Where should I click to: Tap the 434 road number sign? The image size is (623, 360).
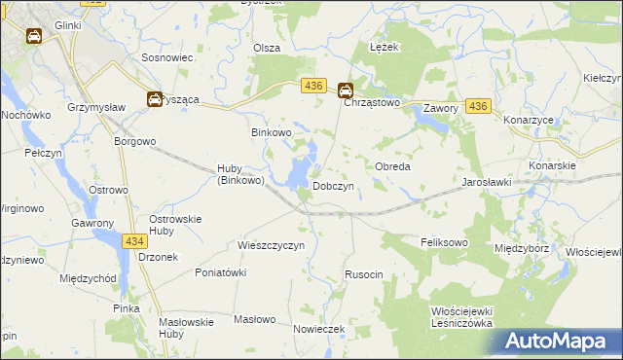pyautogui.click(x=135, y=240)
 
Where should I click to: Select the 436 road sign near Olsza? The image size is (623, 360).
pyautogui.click(x=312, y=87)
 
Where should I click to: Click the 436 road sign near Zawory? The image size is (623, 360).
pyautogui.click(x=478, y=106)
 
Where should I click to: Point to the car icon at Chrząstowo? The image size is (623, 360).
pyautogui.click(x=346, y=91)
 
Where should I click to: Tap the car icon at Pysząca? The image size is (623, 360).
pyautogui.click(x=154, y=98)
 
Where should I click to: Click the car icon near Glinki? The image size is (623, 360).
pyautogui.click(x=34, y=37)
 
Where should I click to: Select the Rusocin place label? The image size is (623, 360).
pyautogui.click(x=364, y=275)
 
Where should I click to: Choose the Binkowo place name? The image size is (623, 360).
pyautogui.click(x=272, y=131)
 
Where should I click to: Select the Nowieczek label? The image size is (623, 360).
pyautogui.click(x=319, y=329)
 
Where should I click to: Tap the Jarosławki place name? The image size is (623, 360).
pyautogui.click(x=488, y=182)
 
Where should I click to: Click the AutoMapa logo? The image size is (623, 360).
pyautogui.click(x=562, y=342)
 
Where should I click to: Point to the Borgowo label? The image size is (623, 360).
pyautogui.click(x=135, y=141)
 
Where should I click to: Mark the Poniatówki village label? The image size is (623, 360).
pyautogui.click(x=220, y=272)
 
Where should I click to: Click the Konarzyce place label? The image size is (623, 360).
pyautogui.click(x=529, y=120)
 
